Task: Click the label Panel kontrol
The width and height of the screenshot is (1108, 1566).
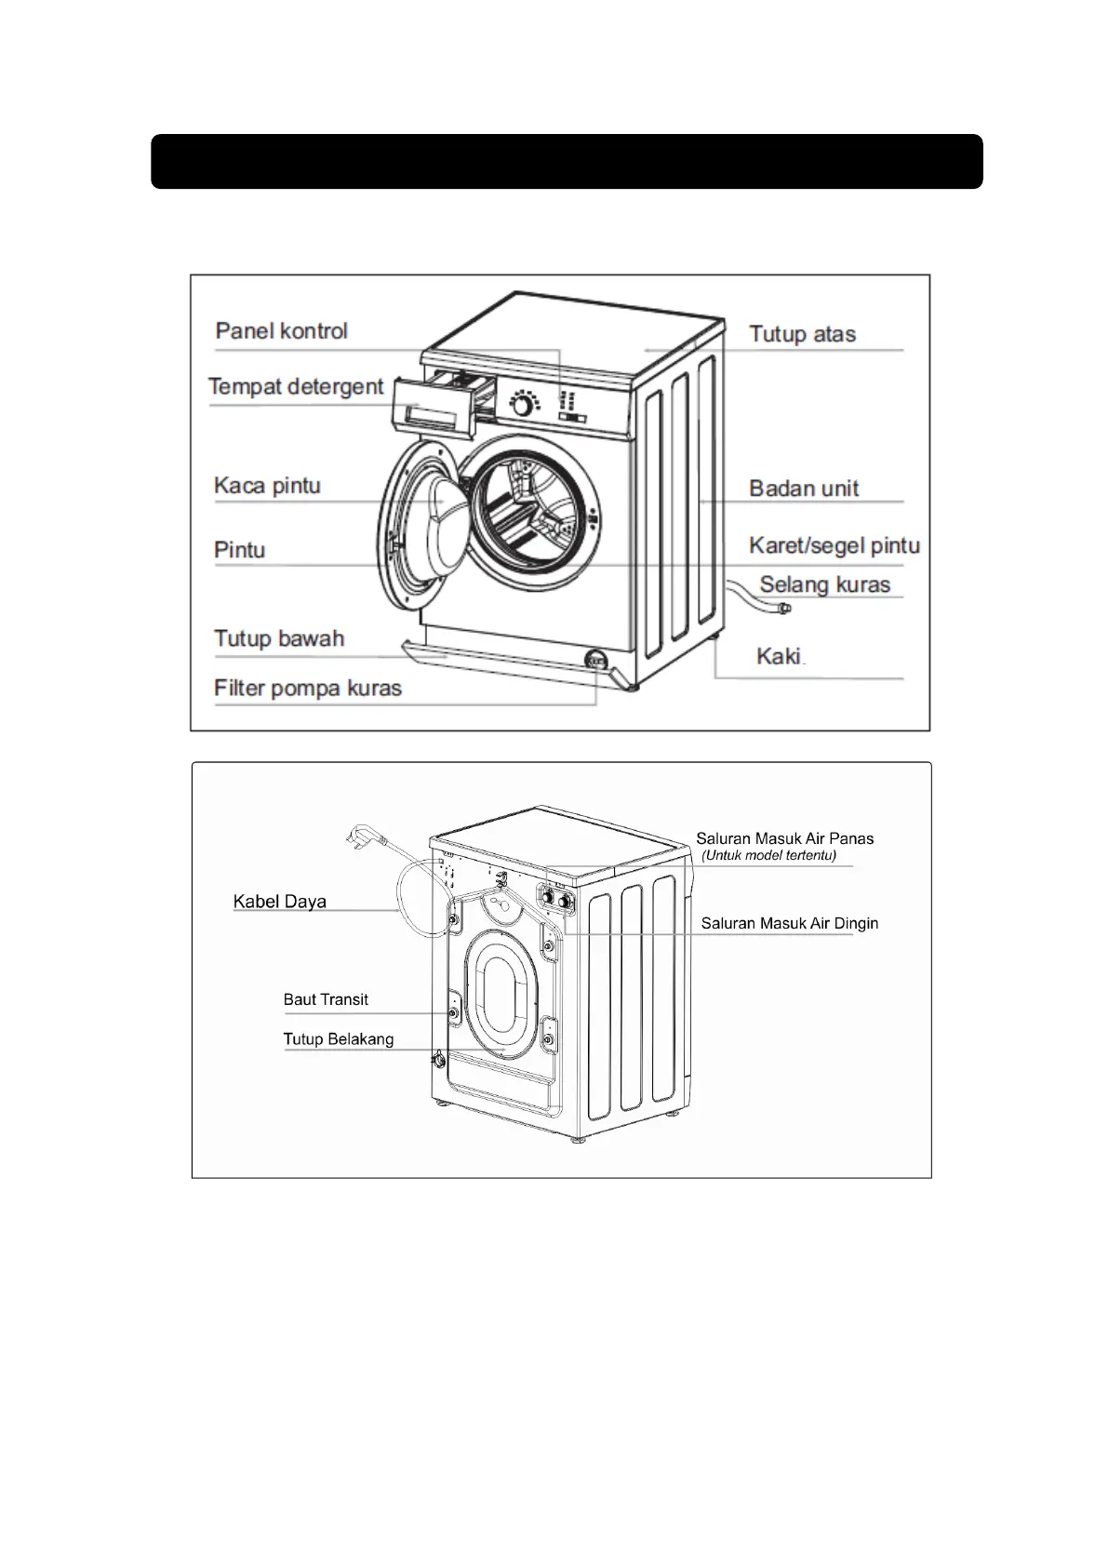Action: (281, 331)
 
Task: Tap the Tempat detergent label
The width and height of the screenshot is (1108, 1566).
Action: (296, 386)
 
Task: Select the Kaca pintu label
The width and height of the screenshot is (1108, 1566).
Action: (267, 486)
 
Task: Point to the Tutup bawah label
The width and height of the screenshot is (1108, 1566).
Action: (279, 639)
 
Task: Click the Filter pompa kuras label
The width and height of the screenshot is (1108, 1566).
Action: (308, 689)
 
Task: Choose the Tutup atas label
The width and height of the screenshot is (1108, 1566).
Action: (802, 334)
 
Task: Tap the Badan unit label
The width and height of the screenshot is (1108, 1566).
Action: (804, 489)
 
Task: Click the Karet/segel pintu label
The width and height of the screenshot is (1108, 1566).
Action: (834, 545)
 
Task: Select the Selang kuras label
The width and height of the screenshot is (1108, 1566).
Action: (824, 585)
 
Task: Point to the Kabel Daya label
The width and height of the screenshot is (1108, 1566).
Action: (279, 902)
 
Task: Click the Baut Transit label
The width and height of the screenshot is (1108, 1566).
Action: (326, 1000)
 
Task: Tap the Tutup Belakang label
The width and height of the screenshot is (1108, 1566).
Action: (339, 1039)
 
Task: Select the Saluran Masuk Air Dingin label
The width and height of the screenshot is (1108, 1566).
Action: (789, 924)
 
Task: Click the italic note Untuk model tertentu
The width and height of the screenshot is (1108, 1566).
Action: (768, 856)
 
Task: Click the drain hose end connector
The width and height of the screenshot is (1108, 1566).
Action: (784, 609)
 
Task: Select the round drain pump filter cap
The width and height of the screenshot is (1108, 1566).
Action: (595, 660)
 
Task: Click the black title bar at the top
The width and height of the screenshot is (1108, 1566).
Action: (567, 162)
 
